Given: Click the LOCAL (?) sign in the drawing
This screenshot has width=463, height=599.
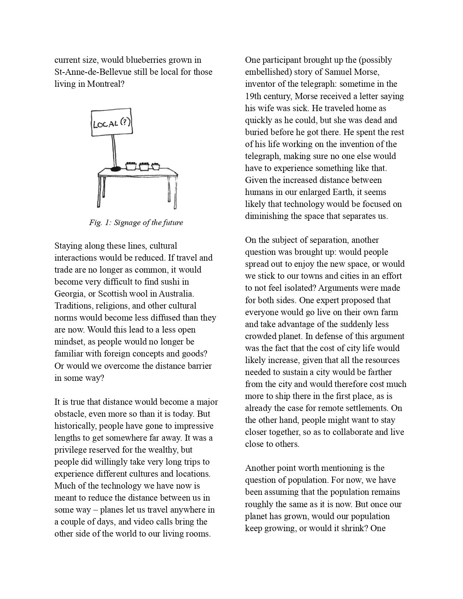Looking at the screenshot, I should point(111,122).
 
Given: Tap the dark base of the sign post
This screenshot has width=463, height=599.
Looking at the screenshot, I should point(115,169).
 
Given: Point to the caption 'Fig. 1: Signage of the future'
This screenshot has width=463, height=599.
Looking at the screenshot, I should point(136,223).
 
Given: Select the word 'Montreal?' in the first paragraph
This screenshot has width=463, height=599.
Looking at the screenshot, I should point(106,84).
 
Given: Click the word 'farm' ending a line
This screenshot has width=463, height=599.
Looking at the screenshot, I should point(390,312).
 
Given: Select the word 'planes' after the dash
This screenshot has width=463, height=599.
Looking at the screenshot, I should point(111,510).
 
